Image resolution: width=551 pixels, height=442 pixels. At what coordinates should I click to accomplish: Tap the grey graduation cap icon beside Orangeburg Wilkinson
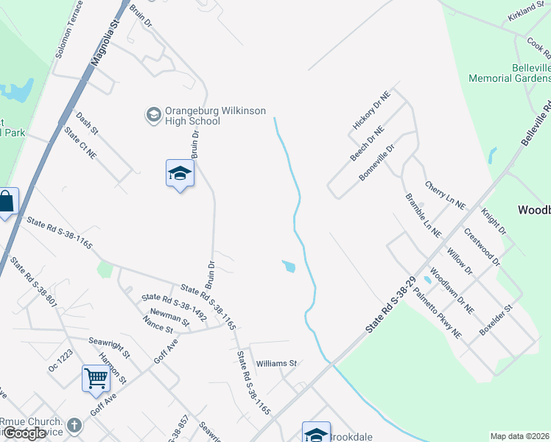(x=152, y=114)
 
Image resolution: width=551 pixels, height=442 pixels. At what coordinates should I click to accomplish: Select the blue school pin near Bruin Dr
(x=180, y=174)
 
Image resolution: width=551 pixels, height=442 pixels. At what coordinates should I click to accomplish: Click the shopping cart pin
(x=96, y=379)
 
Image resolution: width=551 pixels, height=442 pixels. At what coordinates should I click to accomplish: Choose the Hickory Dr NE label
(x=371, y=110)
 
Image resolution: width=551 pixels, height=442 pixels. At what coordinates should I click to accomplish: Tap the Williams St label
(x=276, y=364)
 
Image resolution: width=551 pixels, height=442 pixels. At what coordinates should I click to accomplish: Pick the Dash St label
(x=86, y=122)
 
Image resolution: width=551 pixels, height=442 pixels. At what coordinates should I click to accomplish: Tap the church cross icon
(x=74, y=425)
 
